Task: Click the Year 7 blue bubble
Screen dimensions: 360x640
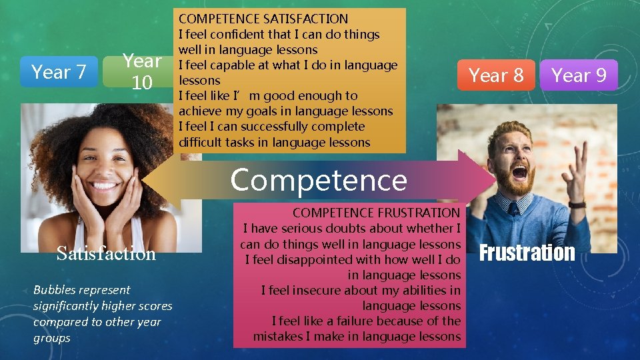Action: pyautogui.click(x=59, y=71)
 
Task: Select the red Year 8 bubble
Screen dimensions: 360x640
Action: pyautogui.click(x=496, y=75)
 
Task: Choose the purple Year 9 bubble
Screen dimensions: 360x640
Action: pyautogui.click(x=579, y=75)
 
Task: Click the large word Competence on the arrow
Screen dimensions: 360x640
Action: pyautogui.click(x=318, y=180)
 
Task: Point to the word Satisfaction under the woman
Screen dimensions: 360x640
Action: pyautogui.click(x=106, y=253)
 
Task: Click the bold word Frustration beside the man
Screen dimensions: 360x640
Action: pyautogui.click(x=527, y=253)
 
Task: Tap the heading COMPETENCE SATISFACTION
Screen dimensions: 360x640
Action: pyautogui.click(x=263, y=19)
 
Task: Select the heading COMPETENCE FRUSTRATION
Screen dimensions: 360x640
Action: pyautogui.click(x=376, y=213)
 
